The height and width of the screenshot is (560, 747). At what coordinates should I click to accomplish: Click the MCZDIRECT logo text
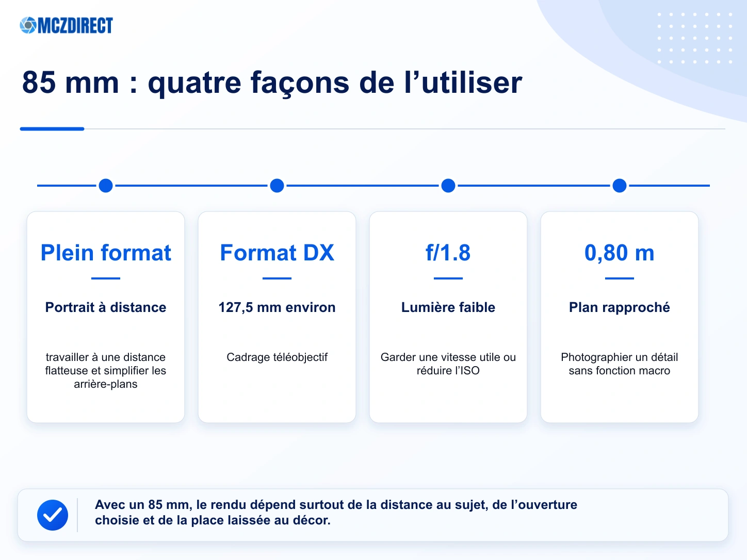[75, 25]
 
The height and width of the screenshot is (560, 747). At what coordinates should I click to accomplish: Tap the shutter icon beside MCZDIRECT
[28, 25]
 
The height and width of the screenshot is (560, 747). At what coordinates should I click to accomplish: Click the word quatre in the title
[194, 83]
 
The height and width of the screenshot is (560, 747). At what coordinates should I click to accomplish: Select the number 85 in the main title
[39, 82]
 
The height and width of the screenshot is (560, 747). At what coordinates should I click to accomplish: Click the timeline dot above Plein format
[106, 186]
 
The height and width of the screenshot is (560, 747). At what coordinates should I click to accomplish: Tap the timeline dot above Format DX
[277, 186]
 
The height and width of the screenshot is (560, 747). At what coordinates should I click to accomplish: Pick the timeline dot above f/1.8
[448, 186]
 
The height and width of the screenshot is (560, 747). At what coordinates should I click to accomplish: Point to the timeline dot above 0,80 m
[620, 186]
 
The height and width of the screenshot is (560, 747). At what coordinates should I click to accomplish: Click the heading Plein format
[106, 253]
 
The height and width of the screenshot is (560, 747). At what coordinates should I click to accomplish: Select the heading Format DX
[277, 253]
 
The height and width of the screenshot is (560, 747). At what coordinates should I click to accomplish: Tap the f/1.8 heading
[448, 253]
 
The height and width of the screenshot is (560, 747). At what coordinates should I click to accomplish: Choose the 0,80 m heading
[620, 253]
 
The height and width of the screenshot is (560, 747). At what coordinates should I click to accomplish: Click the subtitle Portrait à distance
[106, 307]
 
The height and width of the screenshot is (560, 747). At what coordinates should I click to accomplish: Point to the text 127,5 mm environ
[277, 307]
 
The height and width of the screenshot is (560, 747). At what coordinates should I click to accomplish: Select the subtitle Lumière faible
[448, 307]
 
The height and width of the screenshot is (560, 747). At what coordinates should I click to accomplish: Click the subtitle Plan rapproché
[620, 307]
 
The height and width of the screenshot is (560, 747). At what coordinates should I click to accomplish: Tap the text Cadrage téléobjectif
[277, 357]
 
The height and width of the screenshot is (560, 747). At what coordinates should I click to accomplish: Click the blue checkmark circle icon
[53, 515]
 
